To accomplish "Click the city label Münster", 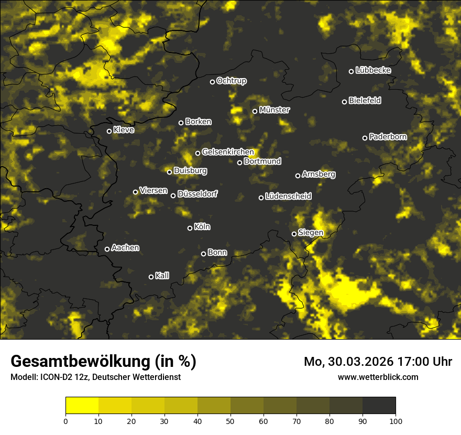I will click(274, 110).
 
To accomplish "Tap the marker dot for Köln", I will click(190, 228).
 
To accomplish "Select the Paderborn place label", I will click(388, 137).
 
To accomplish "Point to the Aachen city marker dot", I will click(107, 249).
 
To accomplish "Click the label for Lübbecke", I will click(373, 70).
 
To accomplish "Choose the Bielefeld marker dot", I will click(344, 102).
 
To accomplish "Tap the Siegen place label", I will click(310, 233).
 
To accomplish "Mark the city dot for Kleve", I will click(109, 131).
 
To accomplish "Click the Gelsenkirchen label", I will click(227, 152).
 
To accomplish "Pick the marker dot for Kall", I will click(151, 277).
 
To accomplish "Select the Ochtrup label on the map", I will click(231, 81).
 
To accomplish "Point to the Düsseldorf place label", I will click(197, 194).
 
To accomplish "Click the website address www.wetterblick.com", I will click(378, 377).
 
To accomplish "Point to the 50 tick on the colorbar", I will click(230, 420).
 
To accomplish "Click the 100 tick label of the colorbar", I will click(396, 420).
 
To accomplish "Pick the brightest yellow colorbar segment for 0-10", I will click(82, 405).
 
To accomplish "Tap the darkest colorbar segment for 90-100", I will click(379, 405).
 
